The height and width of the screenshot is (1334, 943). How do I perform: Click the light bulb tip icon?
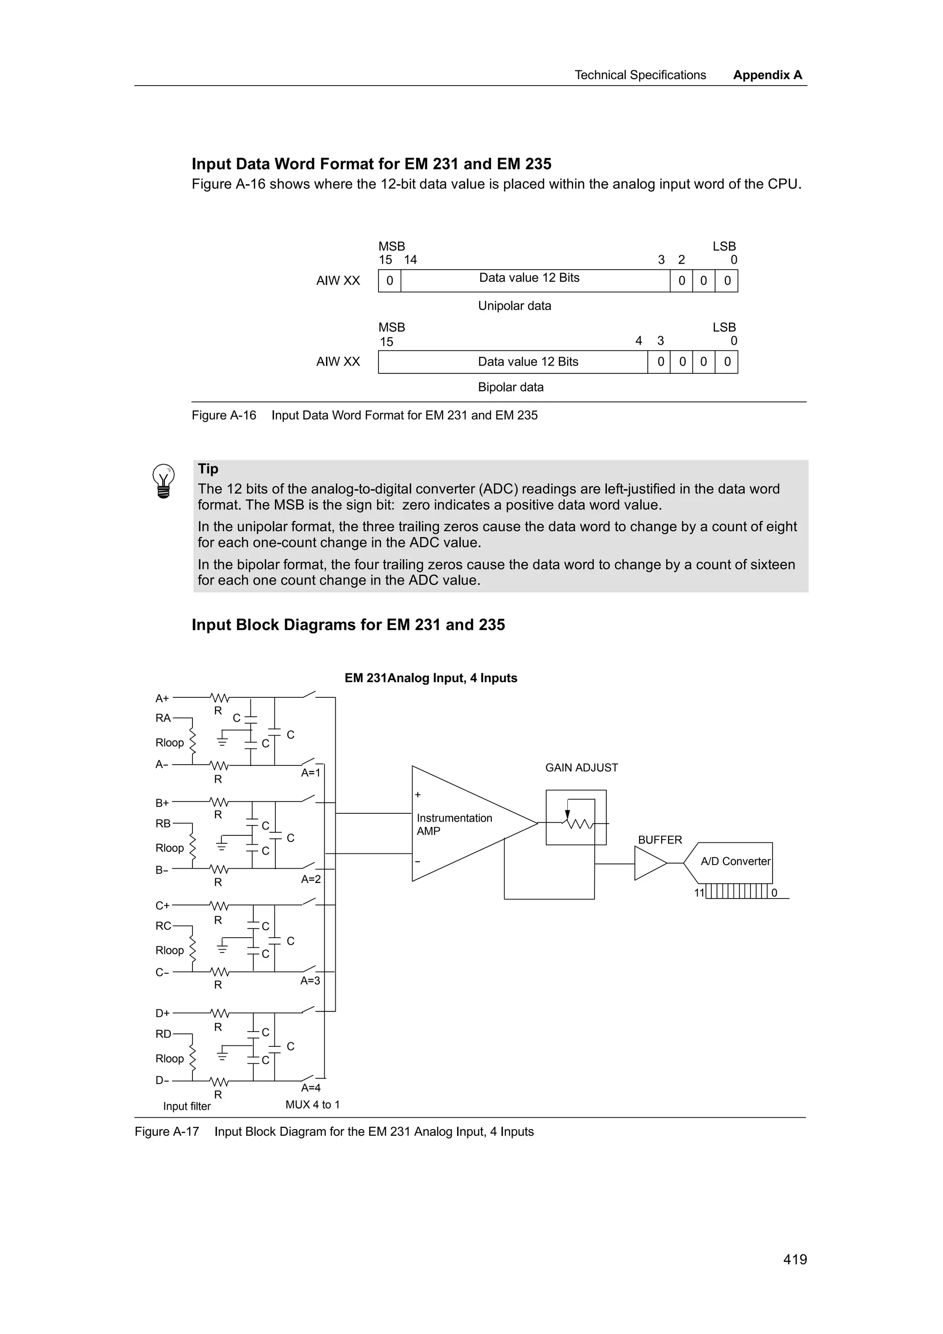pyautogui.click(x=163, y=481)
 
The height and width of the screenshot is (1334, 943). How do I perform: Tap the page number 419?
pyautogui.click(x=794, y=1259)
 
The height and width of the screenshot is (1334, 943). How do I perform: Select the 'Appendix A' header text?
pyautogui.click(x=767, y=75)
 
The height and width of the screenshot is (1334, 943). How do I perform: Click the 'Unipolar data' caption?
pyautogui.click(x=514, y=306)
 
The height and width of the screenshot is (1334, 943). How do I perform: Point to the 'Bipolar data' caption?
pyautogui.click(x=510, y=387)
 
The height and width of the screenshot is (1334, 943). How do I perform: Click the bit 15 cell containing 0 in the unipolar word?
pyautogui.click(x=389, y=281)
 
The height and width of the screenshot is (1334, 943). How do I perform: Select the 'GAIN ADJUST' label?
pyautogui.click(x=581, y=767)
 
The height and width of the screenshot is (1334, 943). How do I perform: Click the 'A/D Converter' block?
pyautogui.click(x=734, y=862)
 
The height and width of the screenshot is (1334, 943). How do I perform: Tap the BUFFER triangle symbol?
pyautogui.click(x=648, y=864)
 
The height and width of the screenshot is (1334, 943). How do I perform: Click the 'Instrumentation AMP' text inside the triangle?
pyautogui.click(x=454, y=824)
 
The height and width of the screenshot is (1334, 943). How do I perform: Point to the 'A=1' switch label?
pyautogui.click(x=310, y=773)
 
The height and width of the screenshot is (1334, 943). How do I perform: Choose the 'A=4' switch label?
pyautogui.click(x=310, y=1088)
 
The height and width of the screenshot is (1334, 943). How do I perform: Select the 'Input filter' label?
pyautogui.click(x=186, y=1106)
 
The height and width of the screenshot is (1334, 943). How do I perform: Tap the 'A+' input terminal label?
pyautogui.click(x=162, y=698)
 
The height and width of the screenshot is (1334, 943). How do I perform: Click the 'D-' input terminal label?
pyautogui.click(x=162, y=1081)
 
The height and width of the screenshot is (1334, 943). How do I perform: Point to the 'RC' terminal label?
pyautogui.click(x=163, y=926)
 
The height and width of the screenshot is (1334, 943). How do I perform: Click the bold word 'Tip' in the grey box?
pyautogui.click(x=208, y=469)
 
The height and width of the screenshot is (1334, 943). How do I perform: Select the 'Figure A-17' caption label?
pyautogui.click(x=167, y=1132)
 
